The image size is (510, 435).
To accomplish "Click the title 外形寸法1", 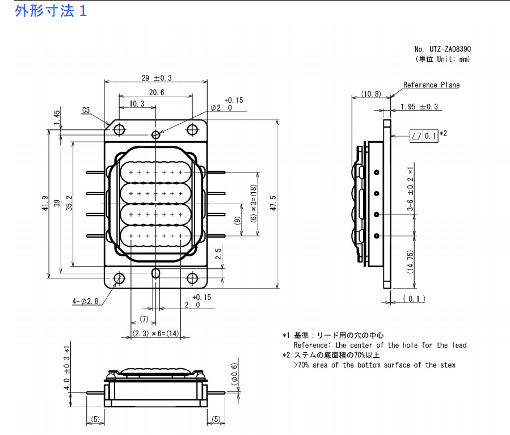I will pos(51,11).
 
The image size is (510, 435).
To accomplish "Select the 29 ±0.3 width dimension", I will pos(157,78).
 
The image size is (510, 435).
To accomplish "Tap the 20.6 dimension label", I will pos(157,92).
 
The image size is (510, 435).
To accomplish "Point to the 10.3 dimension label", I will pos(137,104).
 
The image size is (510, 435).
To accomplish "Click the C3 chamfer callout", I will pos(86,111).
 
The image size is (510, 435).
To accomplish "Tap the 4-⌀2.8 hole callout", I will pos(86,301).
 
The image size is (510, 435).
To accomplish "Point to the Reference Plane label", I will pos(431,85).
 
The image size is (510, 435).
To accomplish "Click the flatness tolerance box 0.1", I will pos(424,136).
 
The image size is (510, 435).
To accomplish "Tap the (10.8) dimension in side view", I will pos(371,94).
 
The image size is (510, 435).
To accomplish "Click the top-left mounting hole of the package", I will pos(119,130).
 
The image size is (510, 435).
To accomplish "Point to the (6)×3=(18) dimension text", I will pos(254,204).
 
